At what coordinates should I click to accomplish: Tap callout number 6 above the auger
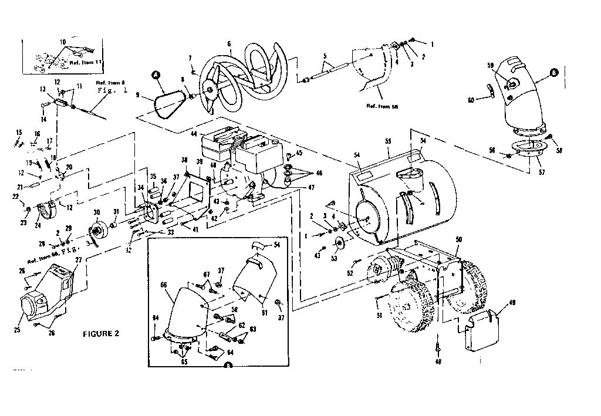coord(229,44)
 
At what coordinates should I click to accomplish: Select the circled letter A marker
coord(156,75)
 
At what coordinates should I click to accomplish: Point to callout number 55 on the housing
coord(387,142)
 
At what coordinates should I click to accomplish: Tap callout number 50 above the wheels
coord(458,239)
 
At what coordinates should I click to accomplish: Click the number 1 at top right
coord(433,45)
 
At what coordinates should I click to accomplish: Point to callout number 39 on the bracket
coord(200,162)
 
